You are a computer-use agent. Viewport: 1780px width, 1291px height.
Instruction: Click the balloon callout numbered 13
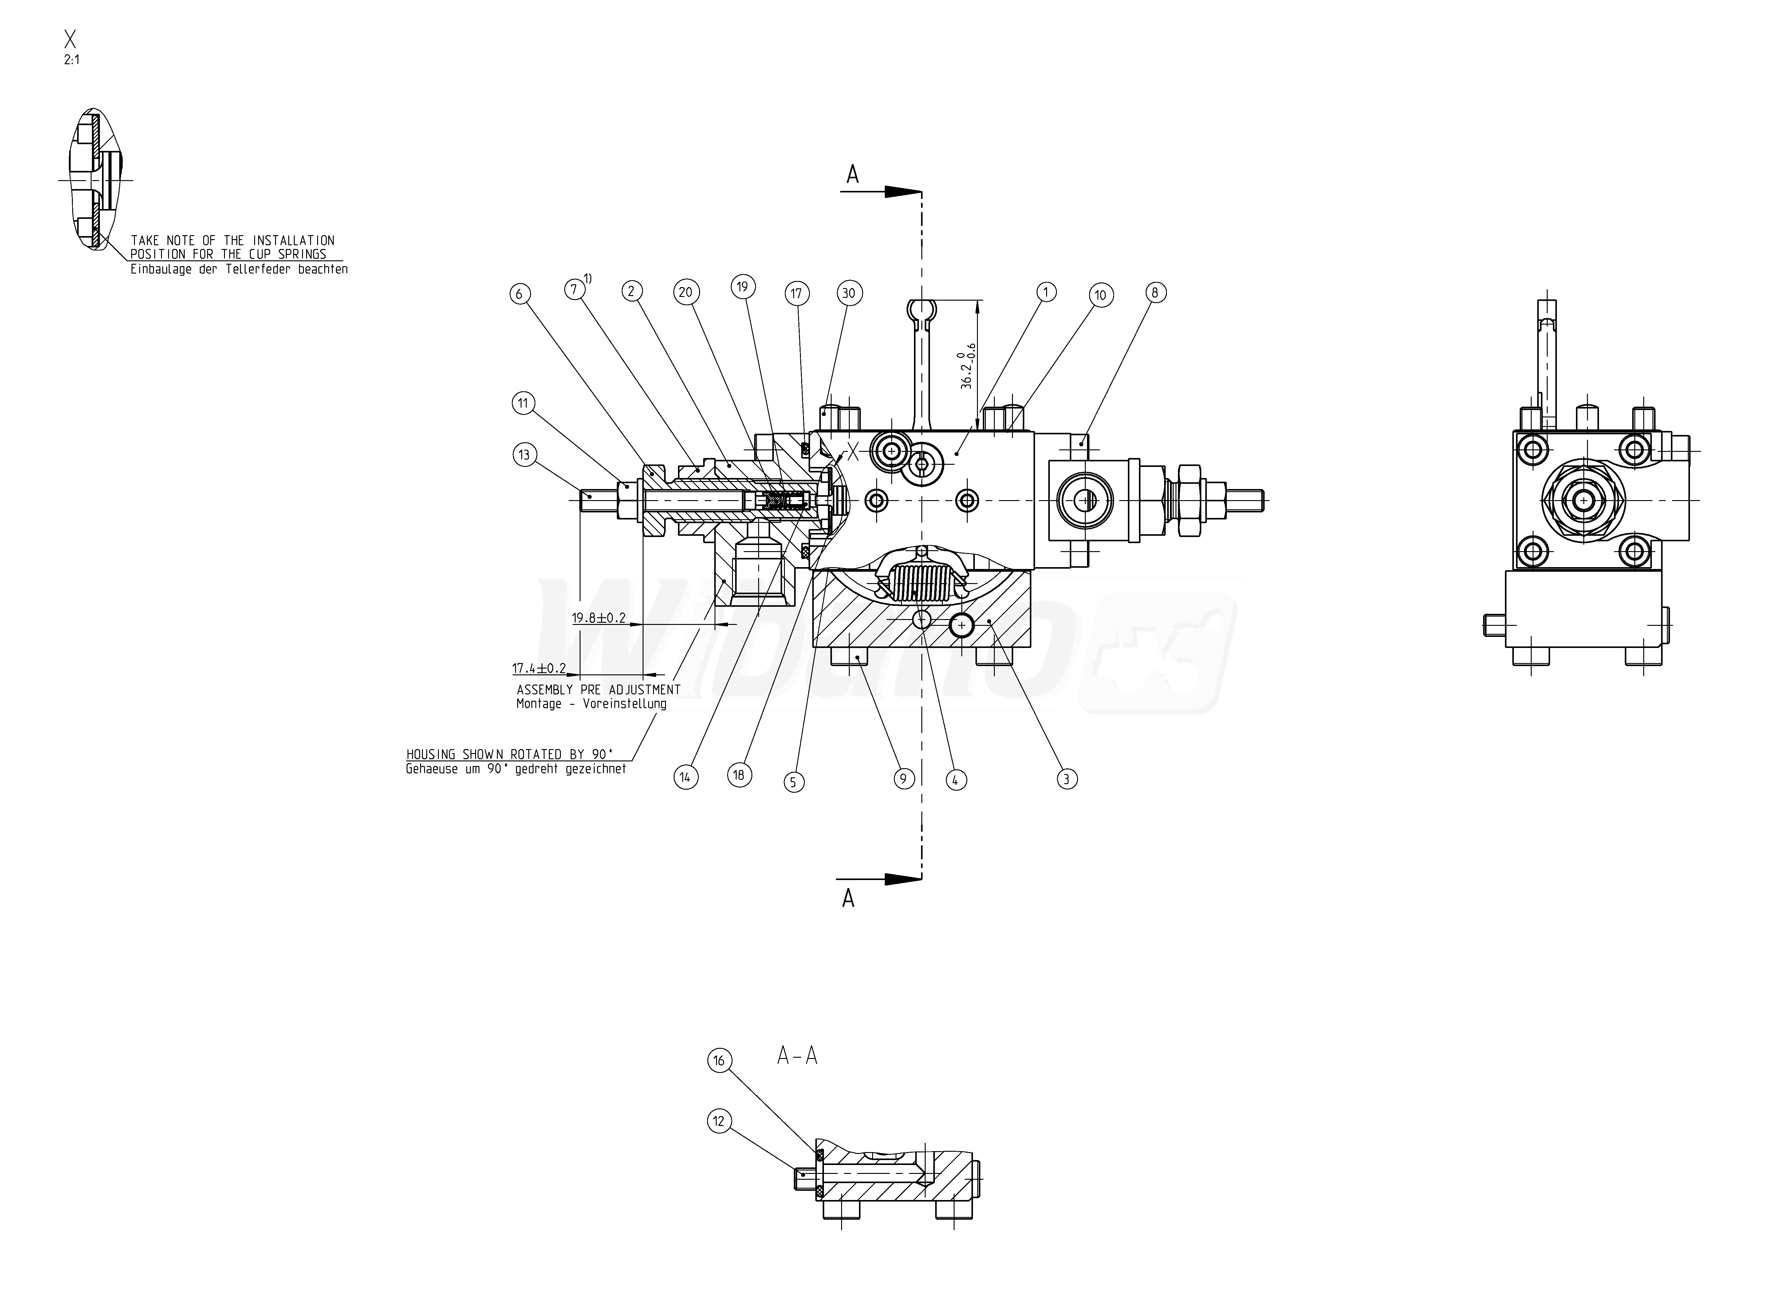pos(524,454)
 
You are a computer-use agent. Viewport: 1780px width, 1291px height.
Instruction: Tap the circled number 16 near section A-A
pos(719,1061)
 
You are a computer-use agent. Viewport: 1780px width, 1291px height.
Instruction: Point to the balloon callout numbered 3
pos(1066,779)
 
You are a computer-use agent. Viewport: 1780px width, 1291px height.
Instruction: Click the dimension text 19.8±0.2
pos(599,618)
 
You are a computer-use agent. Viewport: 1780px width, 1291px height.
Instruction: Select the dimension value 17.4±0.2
pos(539,669)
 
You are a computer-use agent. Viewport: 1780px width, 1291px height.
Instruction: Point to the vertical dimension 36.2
pos(967,366)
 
